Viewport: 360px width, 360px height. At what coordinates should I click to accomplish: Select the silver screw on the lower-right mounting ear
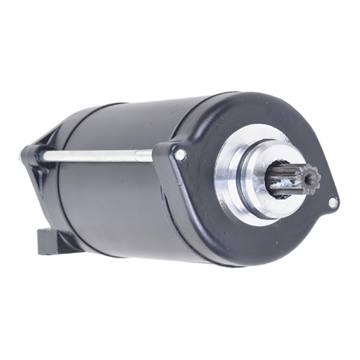pos(332,202)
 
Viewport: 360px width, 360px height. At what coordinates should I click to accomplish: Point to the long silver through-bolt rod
pos(94,155)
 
